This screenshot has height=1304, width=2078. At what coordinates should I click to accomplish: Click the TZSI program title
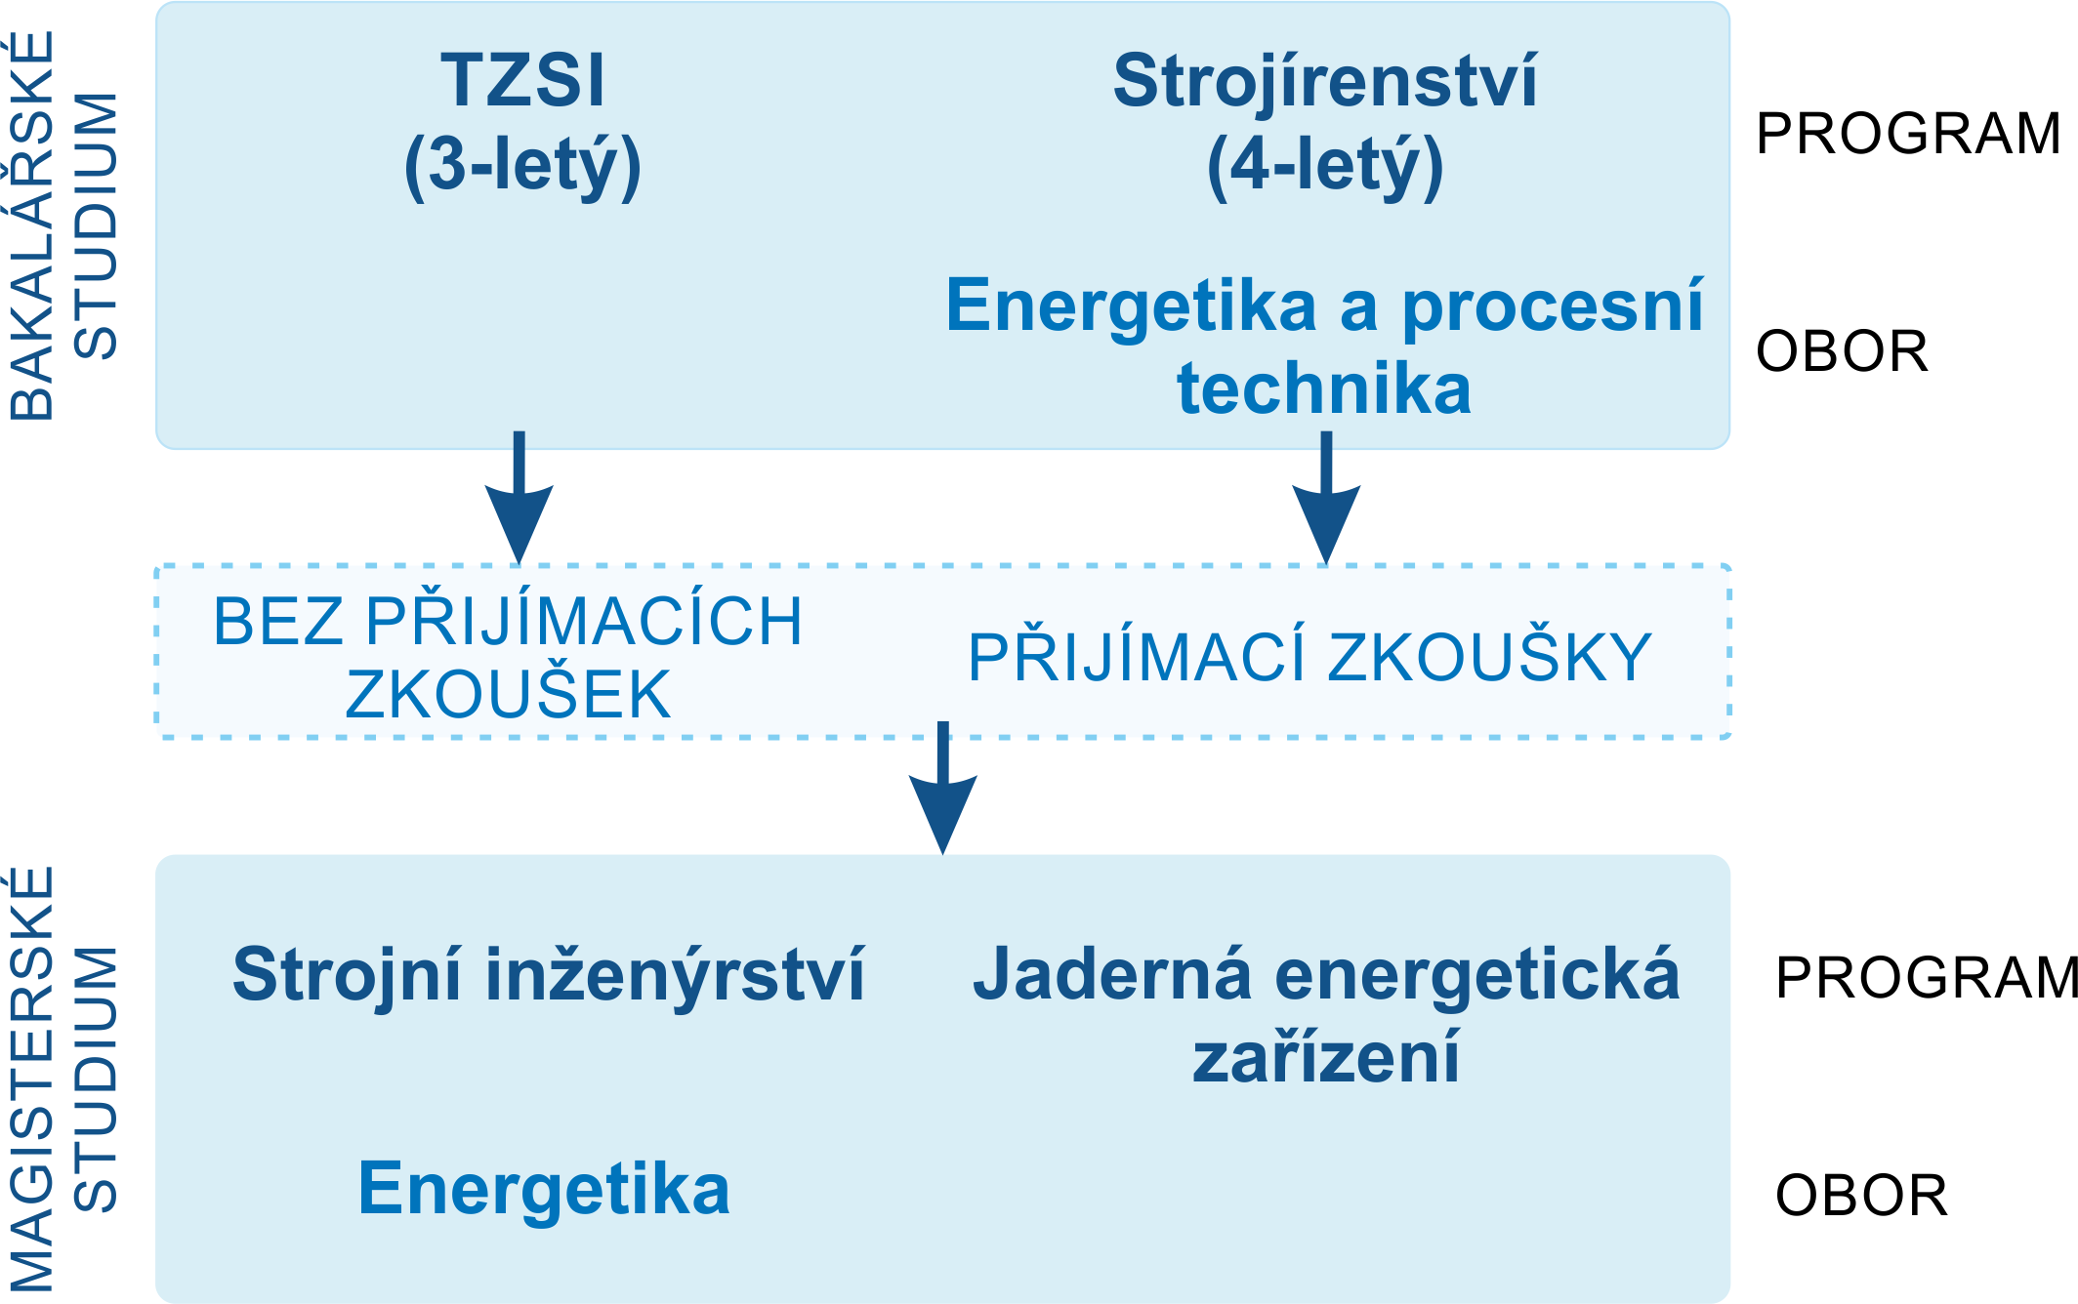(x=522, y=80)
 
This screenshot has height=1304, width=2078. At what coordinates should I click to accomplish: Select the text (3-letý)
(x=522, y=166)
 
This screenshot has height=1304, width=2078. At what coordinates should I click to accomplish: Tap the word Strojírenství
(x=1325, y=82)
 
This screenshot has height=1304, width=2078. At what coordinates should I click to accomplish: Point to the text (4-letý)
(x=1325, y=166)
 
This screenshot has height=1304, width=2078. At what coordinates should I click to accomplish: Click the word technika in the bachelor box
(x=1324, y=388)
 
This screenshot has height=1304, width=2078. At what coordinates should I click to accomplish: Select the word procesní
(x=1553, y=307)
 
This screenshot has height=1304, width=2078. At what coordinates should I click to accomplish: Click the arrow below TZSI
(x=519, y=498)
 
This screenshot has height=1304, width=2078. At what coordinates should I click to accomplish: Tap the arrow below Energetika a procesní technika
(x=1326, y=498)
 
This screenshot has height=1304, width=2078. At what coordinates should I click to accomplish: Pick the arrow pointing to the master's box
(x=943, y=789)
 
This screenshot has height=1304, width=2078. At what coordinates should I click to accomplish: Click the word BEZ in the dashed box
(x=278, y=621)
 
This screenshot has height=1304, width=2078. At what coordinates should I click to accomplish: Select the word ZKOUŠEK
(x=508, y=695)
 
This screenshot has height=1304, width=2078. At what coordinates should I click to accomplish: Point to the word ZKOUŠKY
(x=1490, y=657)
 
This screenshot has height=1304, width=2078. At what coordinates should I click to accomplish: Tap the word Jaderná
(x=1112, y=974)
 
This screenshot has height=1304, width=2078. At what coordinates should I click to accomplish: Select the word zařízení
(x=1326, y=1057)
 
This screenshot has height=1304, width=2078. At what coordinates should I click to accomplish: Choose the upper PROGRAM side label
(x=1908, y=134)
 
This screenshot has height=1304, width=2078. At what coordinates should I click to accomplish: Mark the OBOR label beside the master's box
(x=1861, y=1196)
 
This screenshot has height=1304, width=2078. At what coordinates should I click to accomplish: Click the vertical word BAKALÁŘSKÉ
(x=31, y=226)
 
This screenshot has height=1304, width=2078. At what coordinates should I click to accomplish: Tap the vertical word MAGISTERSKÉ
(x=31, y=1080)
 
